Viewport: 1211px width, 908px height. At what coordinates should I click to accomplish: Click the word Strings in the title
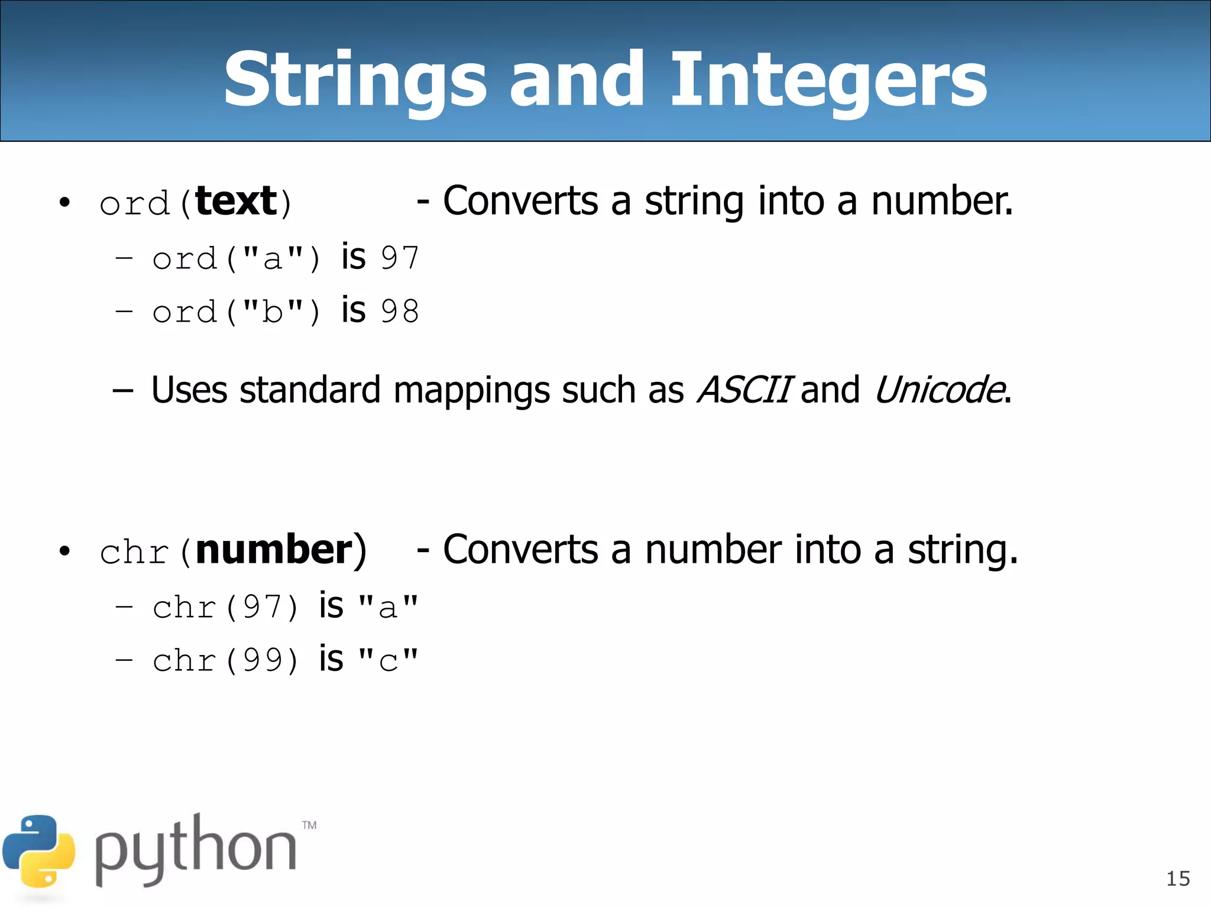355,80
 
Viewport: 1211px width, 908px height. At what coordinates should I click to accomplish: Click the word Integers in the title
828,80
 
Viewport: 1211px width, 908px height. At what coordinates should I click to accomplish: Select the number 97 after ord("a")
400,258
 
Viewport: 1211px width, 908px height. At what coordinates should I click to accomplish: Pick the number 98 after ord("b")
400,312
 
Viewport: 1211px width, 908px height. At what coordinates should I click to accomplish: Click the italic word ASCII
744,390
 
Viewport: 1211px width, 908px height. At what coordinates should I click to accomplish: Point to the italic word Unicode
939,390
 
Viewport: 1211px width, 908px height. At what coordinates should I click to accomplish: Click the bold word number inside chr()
274,550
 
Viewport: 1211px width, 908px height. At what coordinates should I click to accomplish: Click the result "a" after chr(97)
388,607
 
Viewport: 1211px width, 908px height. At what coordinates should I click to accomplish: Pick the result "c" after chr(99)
388,660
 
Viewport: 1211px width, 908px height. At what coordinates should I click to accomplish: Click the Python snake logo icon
39,851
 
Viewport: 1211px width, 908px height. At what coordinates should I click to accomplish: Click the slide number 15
1178,879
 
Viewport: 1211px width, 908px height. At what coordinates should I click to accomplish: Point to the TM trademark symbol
309,825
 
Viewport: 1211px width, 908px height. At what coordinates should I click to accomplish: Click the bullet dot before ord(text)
64,203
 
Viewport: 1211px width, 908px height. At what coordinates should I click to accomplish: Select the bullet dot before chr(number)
64,552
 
